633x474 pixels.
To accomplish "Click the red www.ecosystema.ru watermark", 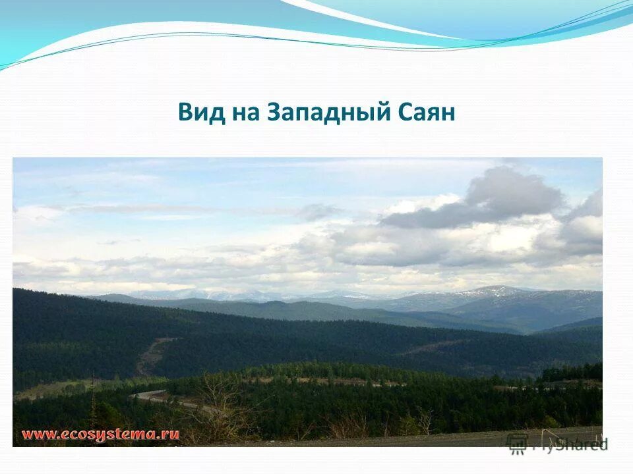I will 100,435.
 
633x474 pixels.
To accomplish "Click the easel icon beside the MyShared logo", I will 518,444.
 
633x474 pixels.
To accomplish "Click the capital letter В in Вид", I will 184,113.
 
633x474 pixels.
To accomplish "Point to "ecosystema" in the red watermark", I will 109,435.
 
